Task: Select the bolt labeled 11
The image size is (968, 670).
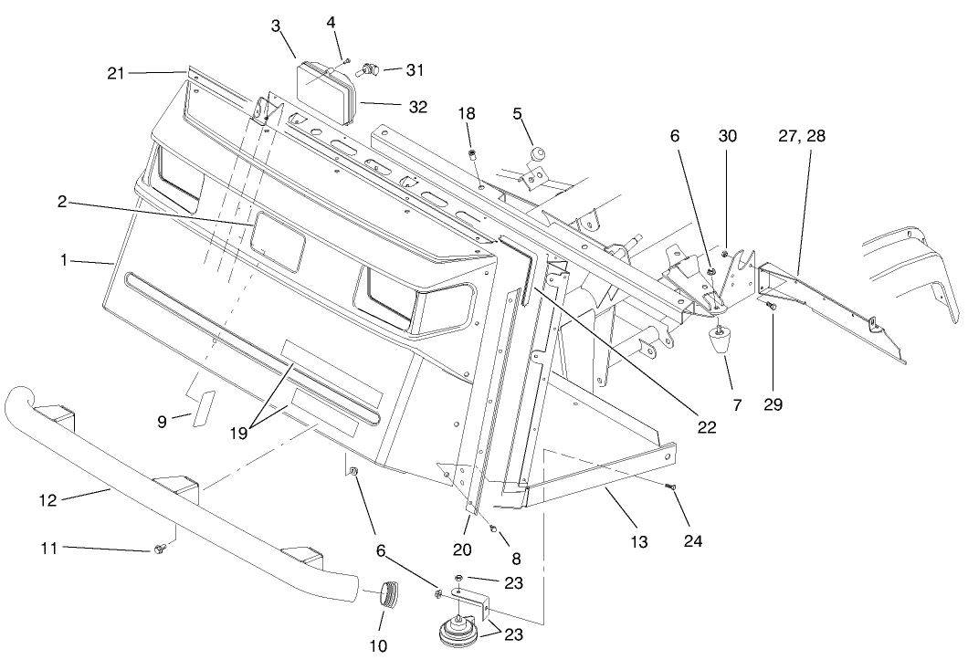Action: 161,549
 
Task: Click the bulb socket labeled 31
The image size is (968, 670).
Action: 369,68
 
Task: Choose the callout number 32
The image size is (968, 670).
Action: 417,107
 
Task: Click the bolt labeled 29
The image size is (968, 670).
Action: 772,309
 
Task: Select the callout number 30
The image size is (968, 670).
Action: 727,136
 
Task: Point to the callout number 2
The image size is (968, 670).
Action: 61,203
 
